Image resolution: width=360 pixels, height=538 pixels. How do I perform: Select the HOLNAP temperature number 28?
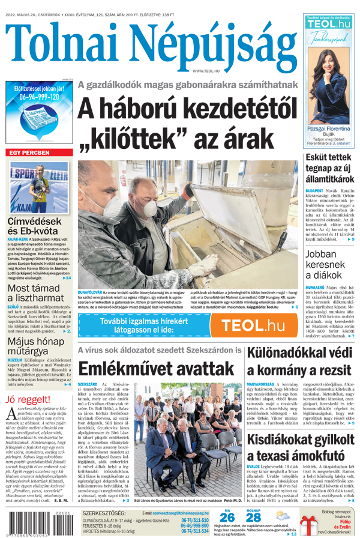pos(254,517)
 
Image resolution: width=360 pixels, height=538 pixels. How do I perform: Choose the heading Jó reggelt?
pos(28,400)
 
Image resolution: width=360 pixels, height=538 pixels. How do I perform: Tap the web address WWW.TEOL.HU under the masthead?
pos(205,71)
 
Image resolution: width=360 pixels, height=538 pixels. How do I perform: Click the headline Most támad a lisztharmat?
pos(36,293)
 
